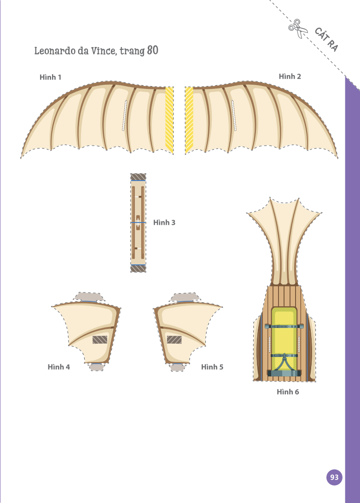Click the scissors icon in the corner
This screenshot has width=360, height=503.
(x=298, y=28)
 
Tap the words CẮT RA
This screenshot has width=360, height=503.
(x=326, y=40)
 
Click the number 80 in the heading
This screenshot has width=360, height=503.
(x=152, y=50)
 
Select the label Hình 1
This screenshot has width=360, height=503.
(x=50, y=77)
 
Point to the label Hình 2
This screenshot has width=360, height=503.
(x=290, y=76)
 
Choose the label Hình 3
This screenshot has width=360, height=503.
(x=164, y=222)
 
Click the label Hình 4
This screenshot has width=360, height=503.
(x=58, y=367)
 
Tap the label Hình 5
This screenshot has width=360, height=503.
(x=212, y=367)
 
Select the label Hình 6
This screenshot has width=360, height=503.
(x=288, y=392)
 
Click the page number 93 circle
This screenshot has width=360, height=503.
(x=334, y=477)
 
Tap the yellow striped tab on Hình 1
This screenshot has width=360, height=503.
(x=169, y=120)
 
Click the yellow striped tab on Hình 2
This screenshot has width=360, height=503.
(x=189, y=120)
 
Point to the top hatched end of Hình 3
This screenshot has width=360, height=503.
(x=138, y=177)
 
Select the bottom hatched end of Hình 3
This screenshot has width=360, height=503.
(x=138, y=269)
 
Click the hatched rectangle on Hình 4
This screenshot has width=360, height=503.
(x=100, y=340)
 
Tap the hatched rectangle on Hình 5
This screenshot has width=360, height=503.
(x=174, y=340)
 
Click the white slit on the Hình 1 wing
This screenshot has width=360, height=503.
(x=124, y=116)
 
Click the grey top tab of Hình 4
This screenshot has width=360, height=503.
(x=89, y=297)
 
